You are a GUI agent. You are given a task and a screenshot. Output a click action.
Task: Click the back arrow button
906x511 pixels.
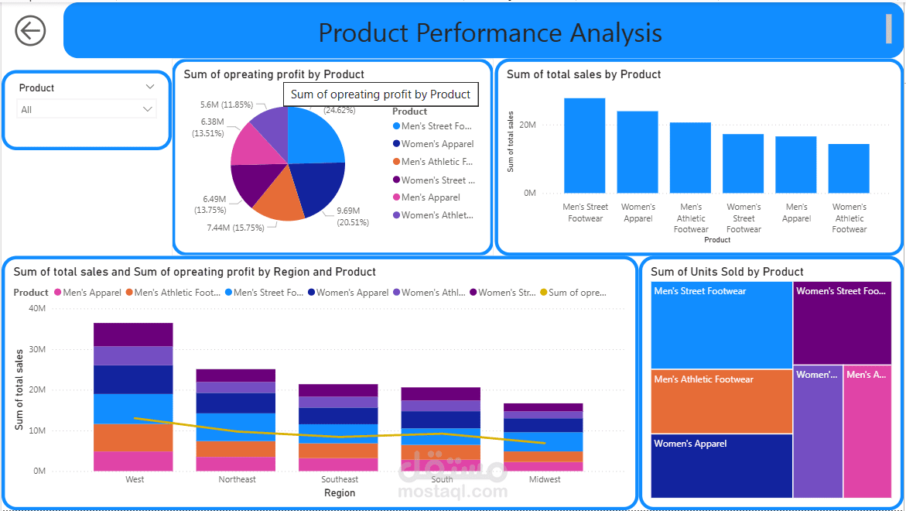point(30,31)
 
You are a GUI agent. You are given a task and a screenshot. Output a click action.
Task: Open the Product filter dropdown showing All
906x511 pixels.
point(87,110)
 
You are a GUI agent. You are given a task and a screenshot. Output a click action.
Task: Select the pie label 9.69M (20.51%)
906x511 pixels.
point(353,216)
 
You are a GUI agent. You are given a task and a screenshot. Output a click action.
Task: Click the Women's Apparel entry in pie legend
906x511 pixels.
point(437,144)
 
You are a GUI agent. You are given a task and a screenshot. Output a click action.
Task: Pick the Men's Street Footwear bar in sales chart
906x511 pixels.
point(584,146)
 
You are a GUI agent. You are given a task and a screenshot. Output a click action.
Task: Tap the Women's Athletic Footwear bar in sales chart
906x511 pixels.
point(849,168)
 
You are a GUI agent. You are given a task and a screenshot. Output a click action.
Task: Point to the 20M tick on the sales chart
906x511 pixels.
point(529,125)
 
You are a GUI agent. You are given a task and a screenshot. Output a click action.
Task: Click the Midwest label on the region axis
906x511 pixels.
point(545,479)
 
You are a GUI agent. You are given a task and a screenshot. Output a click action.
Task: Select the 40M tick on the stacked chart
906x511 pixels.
point(37,308)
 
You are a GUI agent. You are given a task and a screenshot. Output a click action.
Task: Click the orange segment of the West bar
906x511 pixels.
point(133,437)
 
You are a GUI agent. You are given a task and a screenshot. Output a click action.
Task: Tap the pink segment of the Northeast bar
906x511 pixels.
point(236,464)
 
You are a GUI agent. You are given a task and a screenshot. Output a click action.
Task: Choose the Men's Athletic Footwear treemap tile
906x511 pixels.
point(721,401)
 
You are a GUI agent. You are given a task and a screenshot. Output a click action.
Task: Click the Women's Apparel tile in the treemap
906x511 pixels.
point(721,465)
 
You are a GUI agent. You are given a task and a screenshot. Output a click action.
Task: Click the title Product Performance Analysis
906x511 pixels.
point(490,33)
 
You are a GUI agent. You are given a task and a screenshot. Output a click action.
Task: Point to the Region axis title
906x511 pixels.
point(340,493)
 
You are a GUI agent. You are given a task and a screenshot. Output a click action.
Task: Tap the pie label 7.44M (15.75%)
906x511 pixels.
point(235,228)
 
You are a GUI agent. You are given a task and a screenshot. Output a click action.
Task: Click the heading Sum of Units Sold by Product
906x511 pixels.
point(727,272)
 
